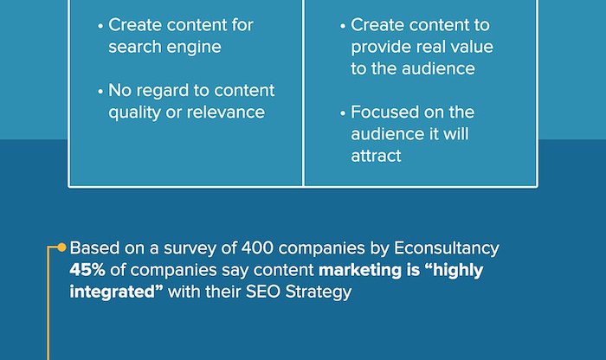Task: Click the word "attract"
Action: click(x=376, y=156)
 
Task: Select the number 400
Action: click(x=257, y=248)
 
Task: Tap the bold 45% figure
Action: click(x=87, y=270)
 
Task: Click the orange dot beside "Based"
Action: click(x=61, y=247)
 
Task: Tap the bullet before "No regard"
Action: click(x=101, y=92)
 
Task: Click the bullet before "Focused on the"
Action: click(x=343, y=113)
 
